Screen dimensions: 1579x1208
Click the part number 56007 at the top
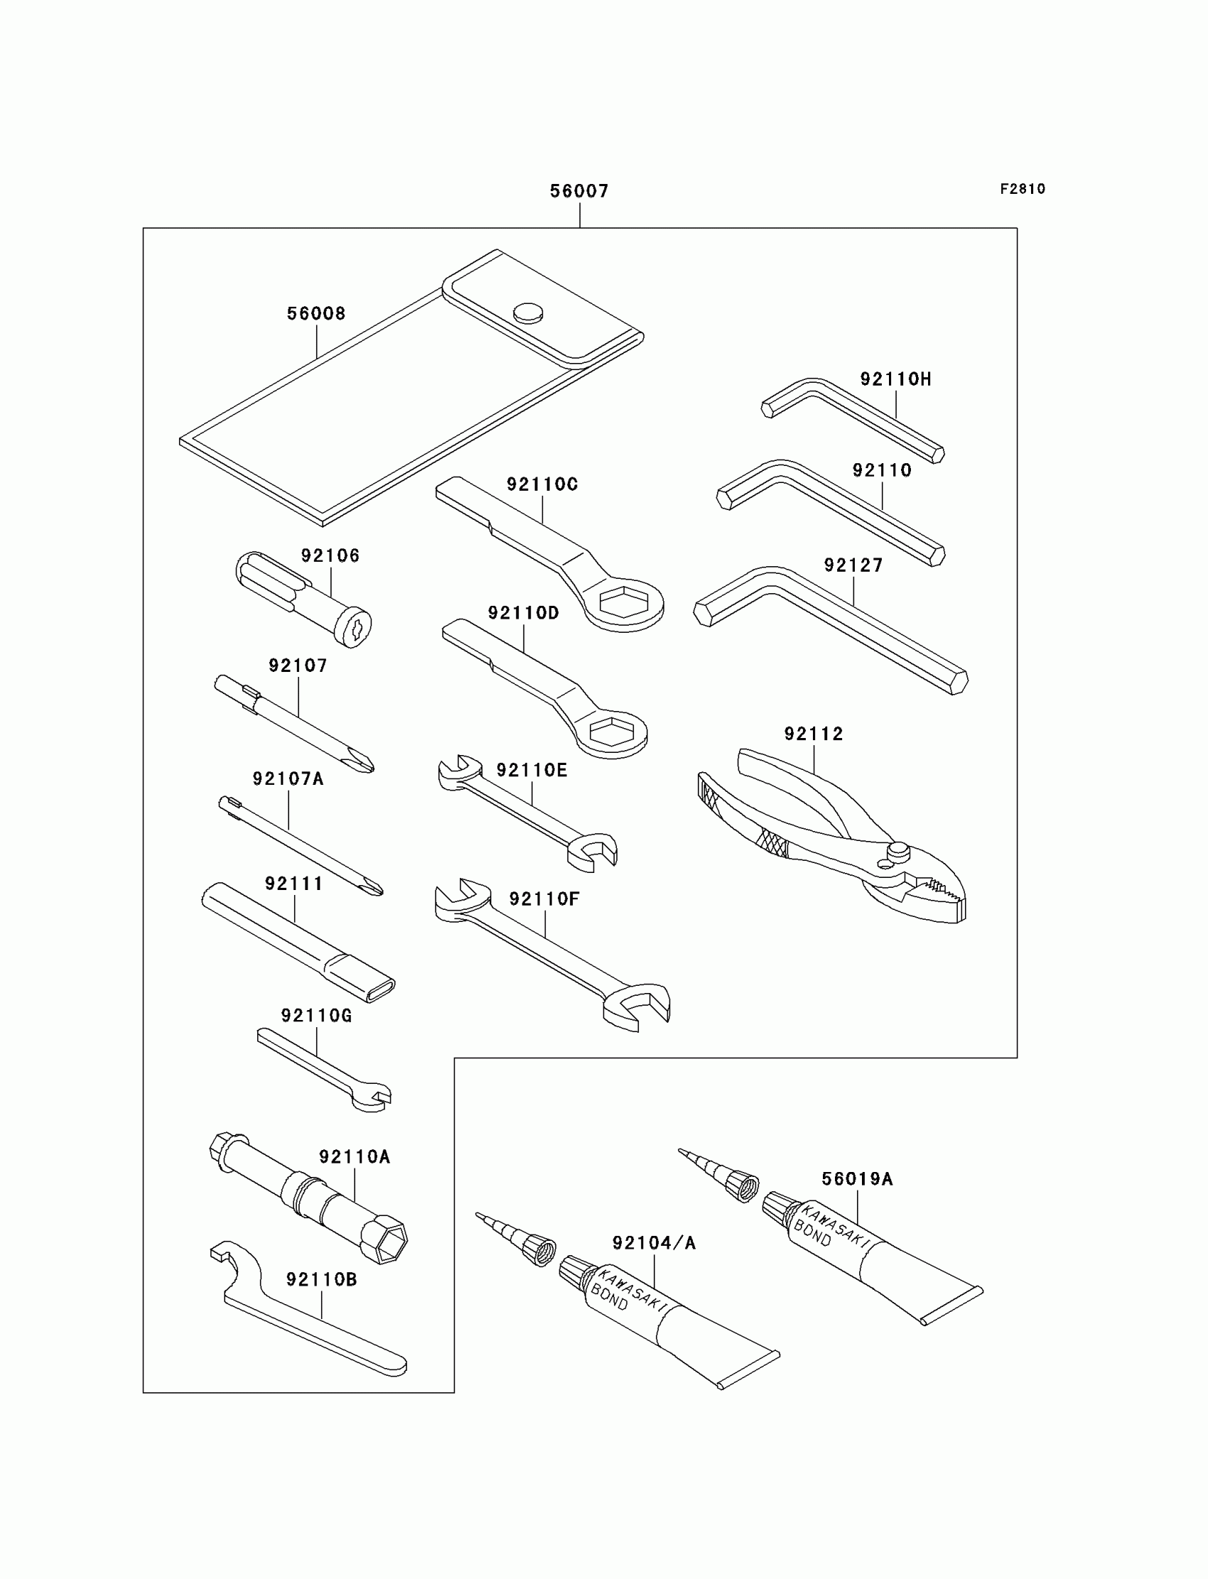click(x=579, y=191)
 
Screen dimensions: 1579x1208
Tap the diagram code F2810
click(x=1022, y=189)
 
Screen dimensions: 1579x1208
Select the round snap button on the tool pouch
click(x=528, y=313)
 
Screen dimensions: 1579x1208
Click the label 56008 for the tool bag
click(x=316, y=313)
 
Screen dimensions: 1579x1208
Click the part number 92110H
click(x=895, y=379)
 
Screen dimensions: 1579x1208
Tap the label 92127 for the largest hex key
click(x=853, y=565)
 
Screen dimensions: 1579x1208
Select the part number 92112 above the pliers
click(x=813, y=734)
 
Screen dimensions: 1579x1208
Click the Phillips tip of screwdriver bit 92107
click(x=364, y=763)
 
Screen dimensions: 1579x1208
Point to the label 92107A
click(x=288, y=779)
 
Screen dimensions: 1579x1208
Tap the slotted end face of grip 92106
click(x=357, y=629)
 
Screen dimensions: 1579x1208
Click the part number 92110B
click(x=321, y=1279)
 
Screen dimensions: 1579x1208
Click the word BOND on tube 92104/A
click(x=609, y=1297)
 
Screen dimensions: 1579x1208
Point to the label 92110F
click(x=544, y=899)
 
